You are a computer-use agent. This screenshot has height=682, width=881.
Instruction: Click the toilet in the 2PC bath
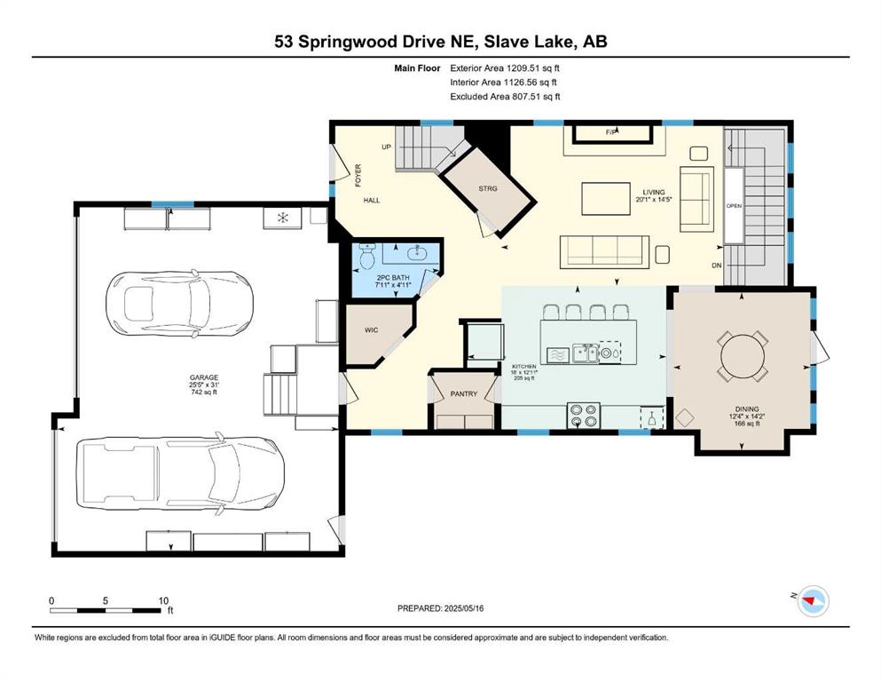(367, 257)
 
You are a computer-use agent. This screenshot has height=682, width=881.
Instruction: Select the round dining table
(743, 356)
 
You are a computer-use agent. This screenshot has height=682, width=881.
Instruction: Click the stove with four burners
(583, 416)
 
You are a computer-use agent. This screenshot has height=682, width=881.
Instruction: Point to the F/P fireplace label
(612, 132)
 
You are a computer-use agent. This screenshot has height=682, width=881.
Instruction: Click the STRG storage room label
(488, 188)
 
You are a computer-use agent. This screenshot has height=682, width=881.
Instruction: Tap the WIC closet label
(372, 330)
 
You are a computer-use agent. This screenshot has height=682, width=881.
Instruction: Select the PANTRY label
(463, 394)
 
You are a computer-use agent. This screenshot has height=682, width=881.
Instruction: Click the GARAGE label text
(204, 377)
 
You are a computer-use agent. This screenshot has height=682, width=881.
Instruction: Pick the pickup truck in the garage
(180, 473)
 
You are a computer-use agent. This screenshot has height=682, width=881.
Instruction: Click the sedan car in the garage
(179, 304)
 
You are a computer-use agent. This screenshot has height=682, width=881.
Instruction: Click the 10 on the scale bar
(163, 600)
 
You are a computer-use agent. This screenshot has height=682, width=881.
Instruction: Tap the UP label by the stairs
(386, 147)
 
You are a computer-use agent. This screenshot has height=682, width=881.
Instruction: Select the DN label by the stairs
(716, 266)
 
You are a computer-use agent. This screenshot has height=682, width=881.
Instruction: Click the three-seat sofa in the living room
(604, 252)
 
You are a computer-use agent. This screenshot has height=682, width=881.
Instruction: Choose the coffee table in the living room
(606, 198)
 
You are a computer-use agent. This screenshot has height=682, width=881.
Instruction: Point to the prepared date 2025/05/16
(463, 608)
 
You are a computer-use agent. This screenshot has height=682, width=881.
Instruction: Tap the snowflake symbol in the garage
(283, 217)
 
